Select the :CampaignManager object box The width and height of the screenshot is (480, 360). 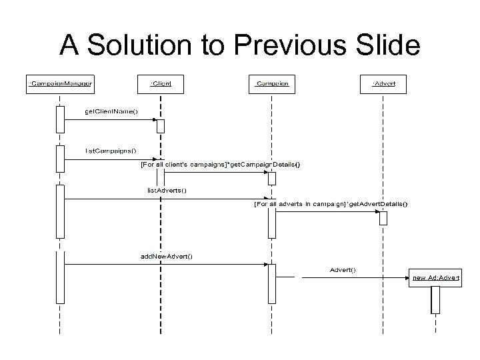pos(60,84)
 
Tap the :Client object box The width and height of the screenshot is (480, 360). pos(160,84)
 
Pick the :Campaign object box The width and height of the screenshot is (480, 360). pos(271,84)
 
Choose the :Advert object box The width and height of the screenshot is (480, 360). pos(383,84)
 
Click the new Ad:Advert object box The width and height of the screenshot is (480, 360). pos(435,277)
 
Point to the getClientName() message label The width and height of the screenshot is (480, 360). pos(111,111)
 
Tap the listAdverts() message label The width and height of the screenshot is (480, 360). pos(167,190)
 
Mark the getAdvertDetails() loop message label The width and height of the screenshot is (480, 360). pos(331,203)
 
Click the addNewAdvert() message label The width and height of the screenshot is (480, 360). pos(167,255)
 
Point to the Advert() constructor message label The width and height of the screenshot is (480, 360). pos(343,269)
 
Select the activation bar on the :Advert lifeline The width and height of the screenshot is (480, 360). pos(383,218)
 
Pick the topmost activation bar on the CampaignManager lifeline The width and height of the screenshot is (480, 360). pos(60,119)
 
